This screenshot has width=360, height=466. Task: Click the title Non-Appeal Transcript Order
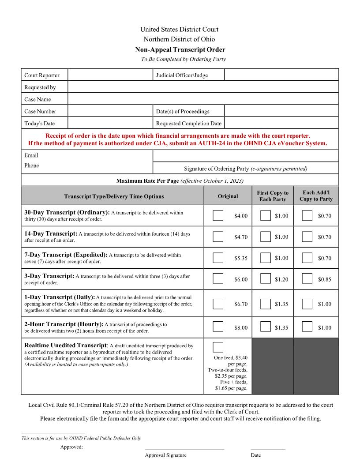coord(180,50)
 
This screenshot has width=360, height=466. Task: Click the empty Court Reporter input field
coord(110,75)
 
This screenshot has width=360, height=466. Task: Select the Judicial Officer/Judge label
coord(182,75)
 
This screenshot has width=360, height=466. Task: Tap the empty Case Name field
coord(203,99)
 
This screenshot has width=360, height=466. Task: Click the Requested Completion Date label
coord(189,123)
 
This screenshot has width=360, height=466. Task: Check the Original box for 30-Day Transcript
coord(218,215)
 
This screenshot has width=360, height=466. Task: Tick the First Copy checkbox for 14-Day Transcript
coord(265,237)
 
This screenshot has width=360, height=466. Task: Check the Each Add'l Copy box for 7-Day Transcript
coord(307,258)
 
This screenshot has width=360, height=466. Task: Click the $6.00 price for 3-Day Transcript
coord(241,279)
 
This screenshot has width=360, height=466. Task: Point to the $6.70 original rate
coord(241,304)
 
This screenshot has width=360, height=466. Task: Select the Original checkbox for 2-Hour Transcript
coord(218,327)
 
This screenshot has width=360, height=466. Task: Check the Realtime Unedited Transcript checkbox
coord(218,347)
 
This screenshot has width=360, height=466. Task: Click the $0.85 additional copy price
coord(324,279)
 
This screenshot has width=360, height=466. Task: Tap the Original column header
coord(228,196)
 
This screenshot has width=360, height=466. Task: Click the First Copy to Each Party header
coord(273,196)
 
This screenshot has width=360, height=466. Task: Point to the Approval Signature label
coord(165,455)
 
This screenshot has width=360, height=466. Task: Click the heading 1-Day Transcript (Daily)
coord(60,297)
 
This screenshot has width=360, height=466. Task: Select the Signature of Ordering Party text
coord(245,169)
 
